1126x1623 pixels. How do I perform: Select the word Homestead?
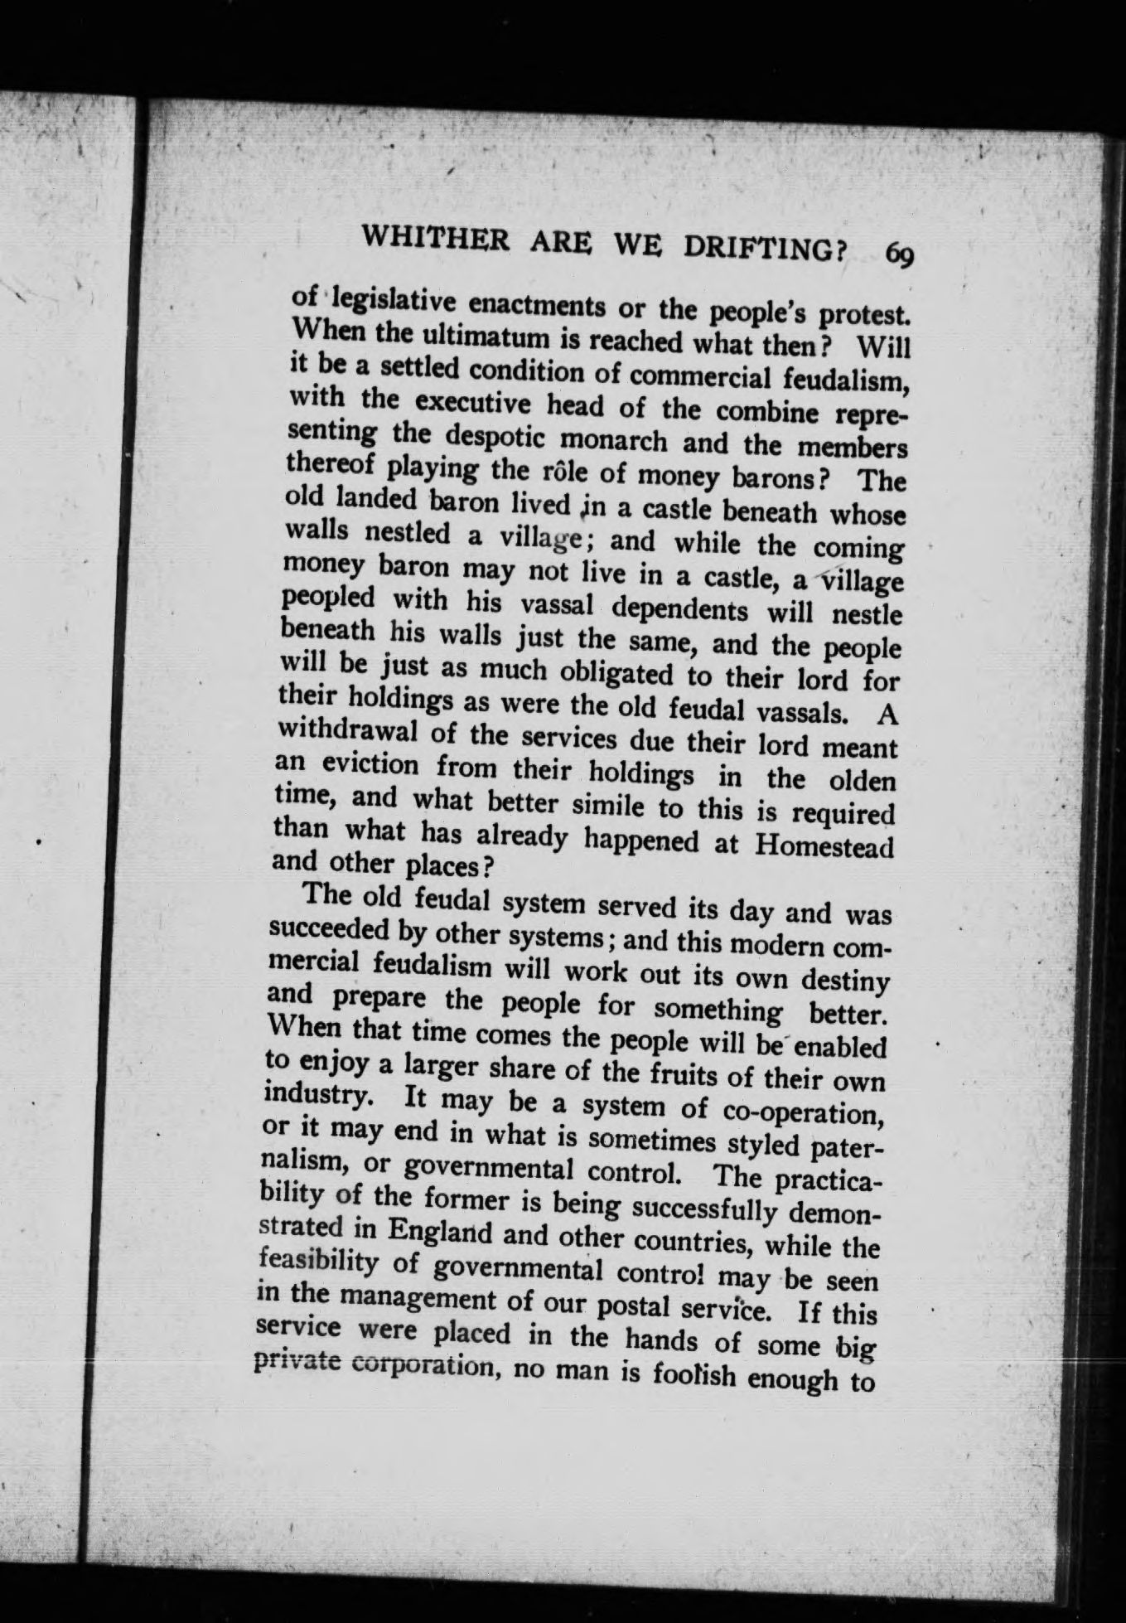[825, 846]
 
